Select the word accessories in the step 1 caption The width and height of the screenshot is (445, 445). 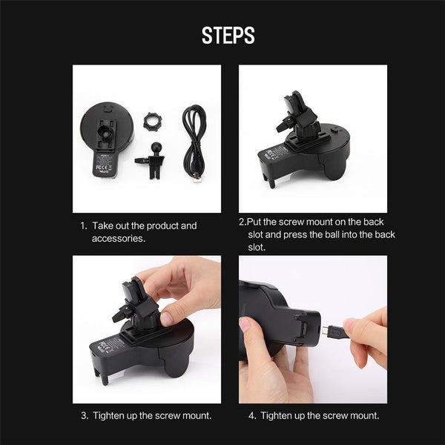point(117,238)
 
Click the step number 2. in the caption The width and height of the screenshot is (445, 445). point(243,222)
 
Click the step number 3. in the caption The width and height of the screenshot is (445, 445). point(84,415)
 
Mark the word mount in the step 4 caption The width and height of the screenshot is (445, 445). point(359,415)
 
